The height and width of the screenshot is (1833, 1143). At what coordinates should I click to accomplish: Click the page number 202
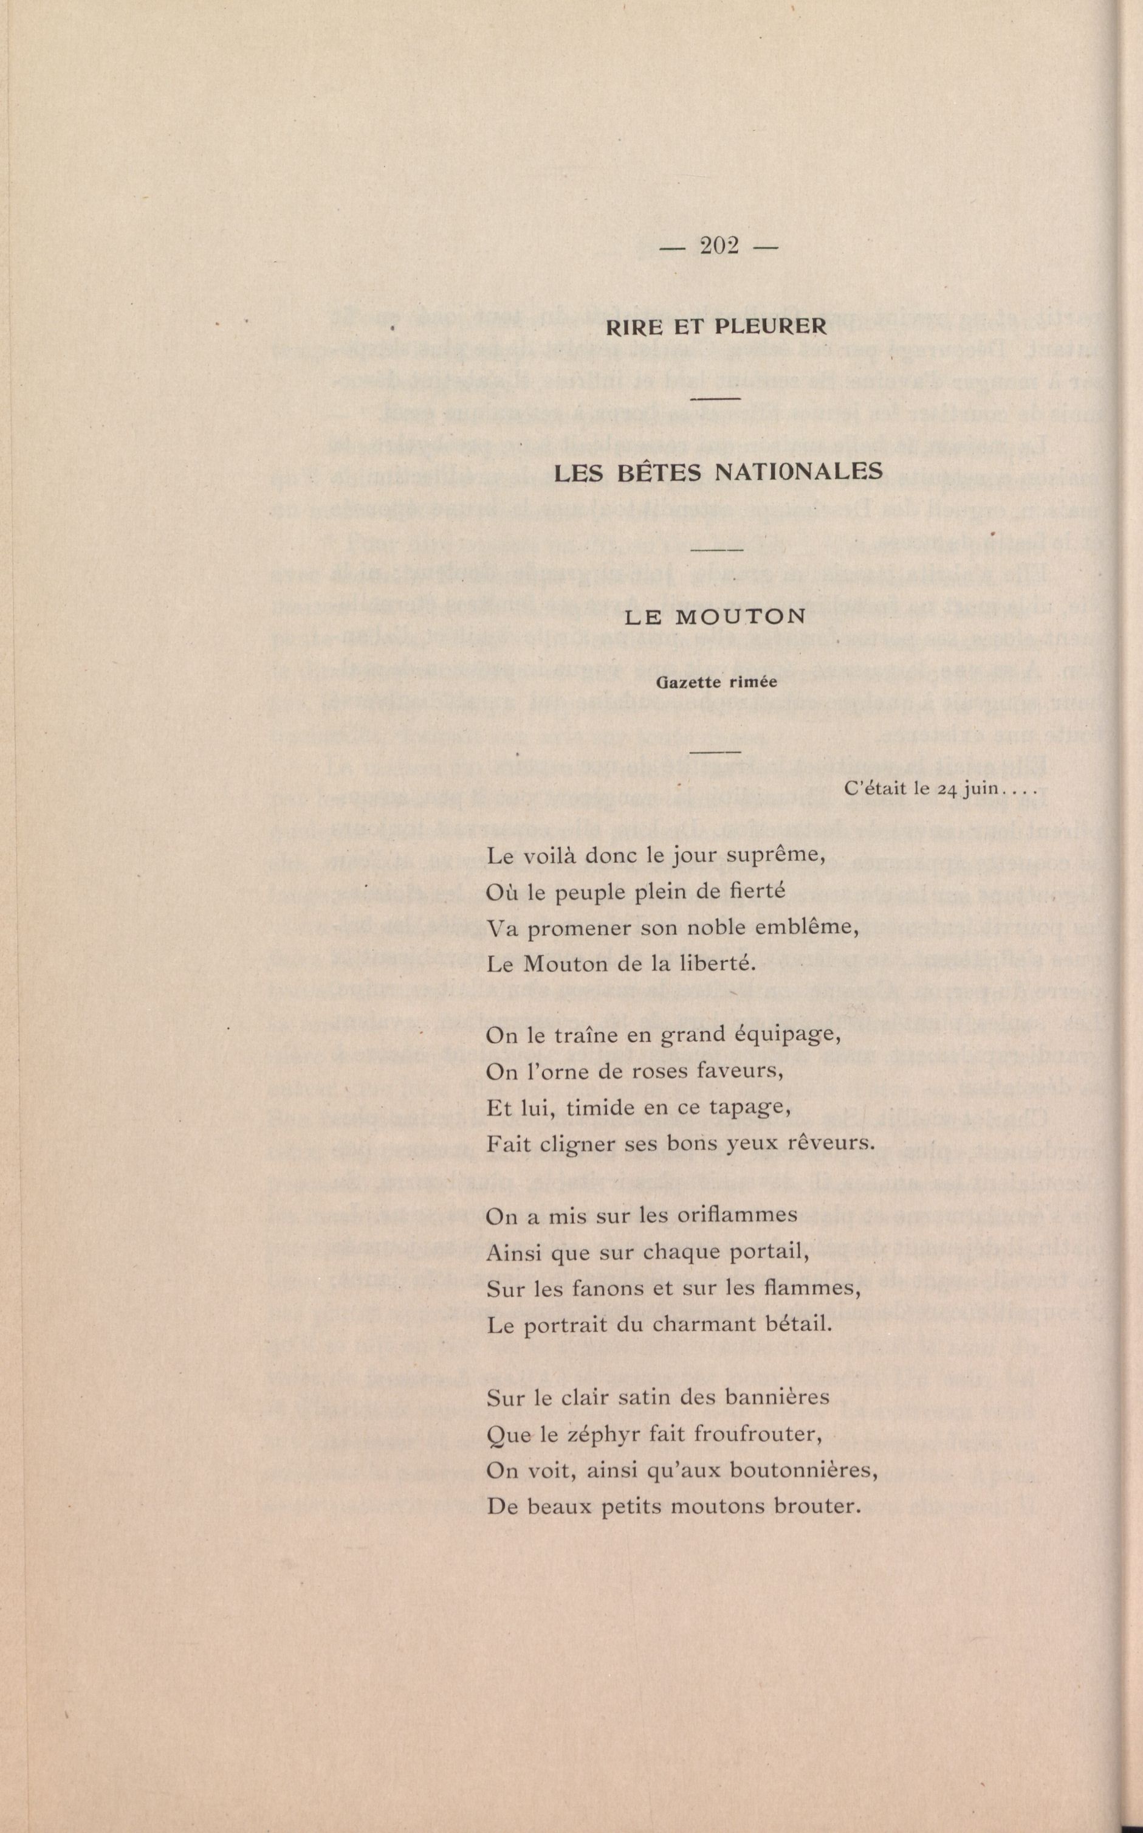tap(719, 246)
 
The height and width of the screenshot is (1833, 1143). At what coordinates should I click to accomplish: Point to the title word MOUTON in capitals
tap(740, 616)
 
